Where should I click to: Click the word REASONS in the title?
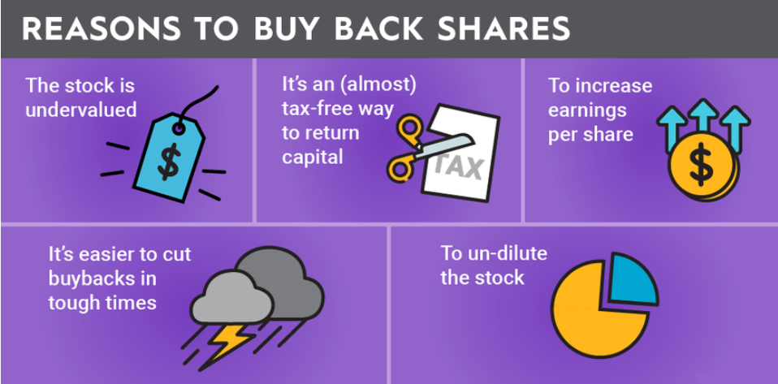[102, 30]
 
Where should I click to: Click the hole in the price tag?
[179, 128]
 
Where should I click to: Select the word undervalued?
[81, 110]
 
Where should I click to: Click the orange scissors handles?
[404, 149]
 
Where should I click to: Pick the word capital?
[313, 157]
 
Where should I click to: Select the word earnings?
[587, 110]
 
